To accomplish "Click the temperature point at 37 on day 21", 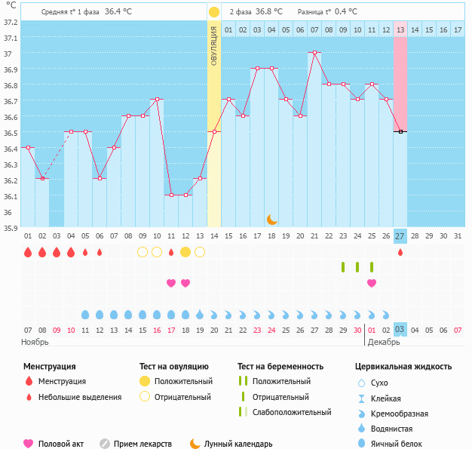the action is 314,52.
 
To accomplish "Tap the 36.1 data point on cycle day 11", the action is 171,195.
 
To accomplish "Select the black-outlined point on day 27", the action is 400,132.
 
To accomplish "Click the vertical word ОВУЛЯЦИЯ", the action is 213,46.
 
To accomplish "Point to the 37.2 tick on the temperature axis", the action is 11,23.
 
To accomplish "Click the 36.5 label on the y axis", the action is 11,133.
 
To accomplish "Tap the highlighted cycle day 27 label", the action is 400,236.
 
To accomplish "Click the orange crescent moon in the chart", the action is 271,220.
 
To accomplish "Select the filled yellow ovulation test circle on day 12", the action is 185,252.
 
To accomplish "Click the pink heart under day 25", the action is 372,283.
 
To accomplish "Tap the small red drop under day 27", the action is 400,252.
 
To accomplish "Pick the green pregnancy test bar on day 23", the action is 343,267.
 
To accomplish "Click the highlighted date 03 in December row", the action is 400,329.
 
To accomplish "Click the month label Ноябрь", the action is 35,342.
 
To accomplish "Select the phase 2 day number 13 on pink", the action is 400,30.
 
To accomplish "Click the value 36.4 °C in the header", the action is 118,11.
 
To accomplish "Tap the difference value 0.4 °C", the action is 346,11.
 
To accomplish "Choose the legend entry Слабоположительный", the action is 292,412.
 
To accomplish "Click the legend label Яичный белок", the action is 396,444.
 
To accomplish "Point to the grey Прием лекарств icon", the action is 105,444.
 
